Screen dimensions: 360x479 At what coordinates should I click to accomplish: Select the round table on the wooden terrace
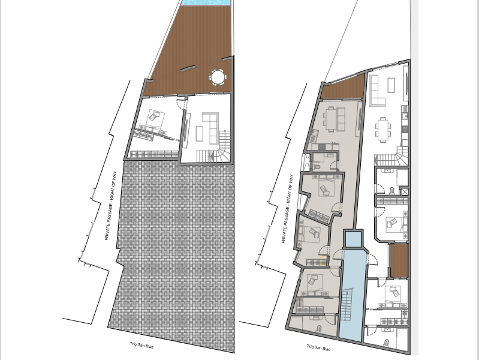(217, 77)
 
